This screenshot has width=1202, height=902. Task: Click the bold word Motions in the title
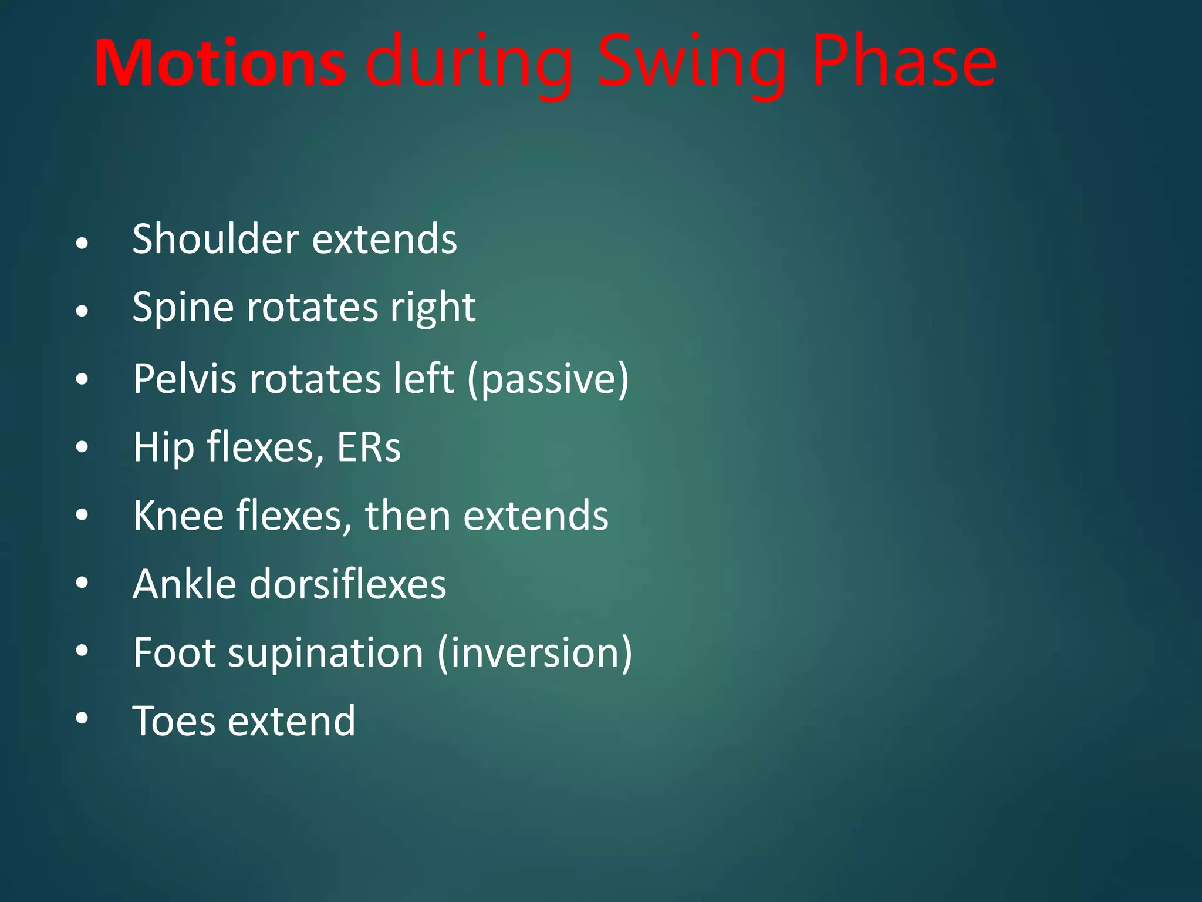click(x=220, y=63)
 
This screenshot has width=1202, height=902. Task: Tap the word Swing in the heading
click(x=691, y=63)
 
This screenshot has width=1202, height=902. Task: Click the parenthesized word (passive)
click(x=548, y=379)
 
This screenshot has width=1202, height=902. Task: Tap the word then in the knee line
click(x=407, y=516)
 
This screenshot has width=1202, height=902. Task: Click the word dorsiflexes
click(x=347, y=584)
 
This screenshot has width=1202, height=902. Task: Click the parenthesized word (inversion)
click(x=535, y=653)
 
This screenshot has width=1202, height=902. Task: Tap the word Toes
click(x=174, y=721)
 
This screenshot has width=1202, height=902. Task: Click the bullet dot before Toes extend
click(x=82, y=718)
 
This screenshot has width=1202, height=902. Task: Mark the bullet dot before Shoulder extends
click(x=82, y=243)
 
